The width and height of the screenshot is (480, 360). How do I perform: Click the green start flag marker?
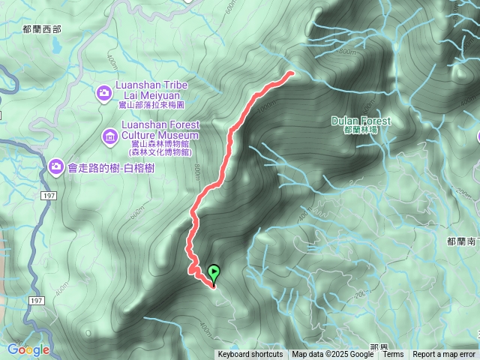click(x=214, y=274)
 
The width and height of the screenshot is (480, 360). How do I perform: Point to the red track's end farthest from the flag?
click(x=290, y=73)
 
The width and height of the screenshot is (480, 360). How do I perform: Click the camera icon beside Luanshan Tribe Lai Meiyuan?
click(x=104, y=93)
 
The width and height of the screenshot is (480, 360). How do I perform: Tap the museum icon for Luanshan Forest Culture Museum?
click(x=109, y=136)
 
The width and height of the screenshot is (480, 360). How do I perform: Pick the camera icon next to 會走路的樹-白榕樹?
click(x=56, y=166)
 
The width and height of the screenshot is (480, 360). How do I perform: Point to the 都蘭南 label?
click(x=462, y=241)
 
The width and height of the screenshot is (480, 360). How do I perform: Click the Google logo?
click(x=28, y=349)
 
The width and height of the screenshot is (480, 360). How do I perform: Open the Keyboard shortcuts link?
click(x=250, y=354)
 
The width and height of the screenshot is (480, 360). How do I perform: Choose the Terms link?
click(x=394, y=354)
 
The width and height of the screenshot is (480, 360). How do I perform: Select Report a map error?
click(x=445, y=354)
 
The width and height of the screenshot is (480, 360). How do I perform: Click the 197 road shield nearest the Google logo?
click(x=37, y=300)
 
